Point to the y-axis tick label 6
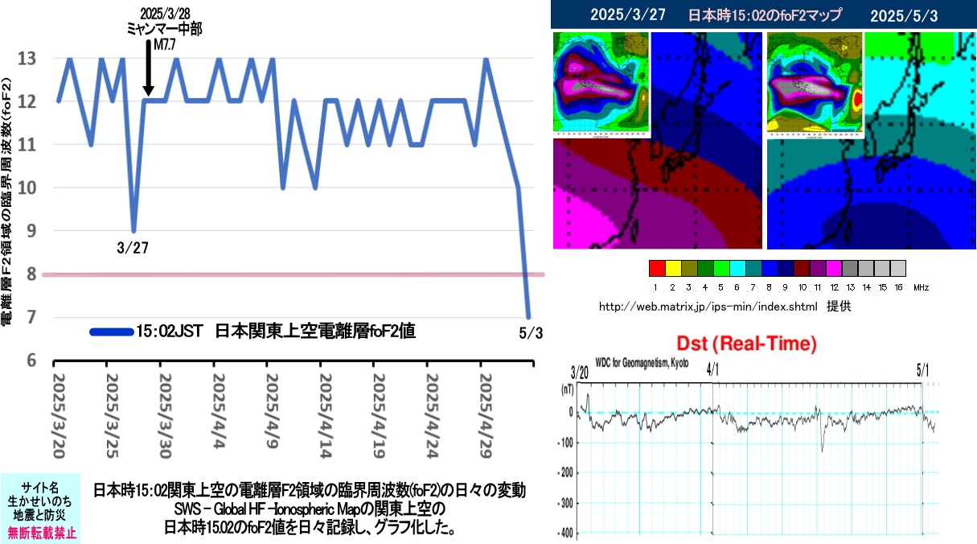(29, 360)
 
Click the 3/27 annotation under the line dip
(133, 248)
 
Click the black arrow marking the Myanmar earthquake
(149, 68)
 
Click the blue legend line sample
(111, 331)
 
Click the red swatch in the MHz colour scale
(656, 267)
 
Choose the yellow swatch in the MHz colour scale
(672, 267)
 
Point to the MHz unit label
(922, 287)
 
